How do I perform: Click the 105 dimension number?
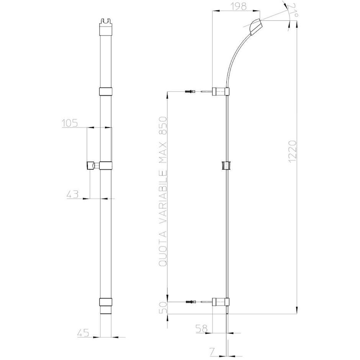click(69, 123)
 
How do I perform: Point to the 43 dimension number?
click(72, 194)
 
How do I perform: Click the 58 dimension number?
click(202, 328)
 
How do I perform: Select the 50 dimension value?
click(163, 308)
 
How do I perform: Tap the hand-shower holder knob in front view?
click(91, 165)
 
